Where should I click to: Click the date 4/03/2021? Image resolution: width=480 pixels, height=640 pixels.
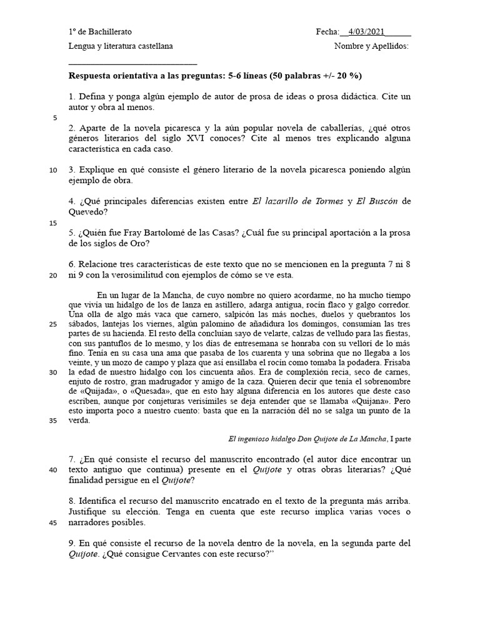[367, 32]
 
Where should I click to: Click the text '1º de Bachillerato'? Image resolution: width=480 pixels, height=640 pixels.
[100, 32]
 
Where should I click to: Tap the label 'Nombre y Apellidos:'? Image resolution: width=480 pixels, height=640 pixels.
[371, 46]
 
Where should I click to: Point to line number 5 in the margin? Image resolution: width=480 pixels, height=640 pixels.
[55, 117]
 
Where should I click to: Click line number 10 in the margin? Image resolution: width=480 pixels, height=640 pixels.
[53, 169]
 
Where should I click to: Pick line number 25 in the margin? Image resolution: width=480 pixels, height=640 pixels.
[53, 325]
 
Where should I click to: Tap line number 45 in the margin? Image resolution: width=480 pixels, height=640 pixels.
[53, 523]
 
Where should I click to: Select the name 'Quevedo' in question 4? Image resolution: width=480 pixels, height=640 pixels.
[90, 211]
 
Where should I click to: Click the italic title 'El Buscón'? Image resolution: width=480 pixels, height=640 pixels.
[377, 201]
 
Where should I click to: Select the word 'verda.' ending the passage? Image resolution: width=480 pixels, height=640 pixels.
[79, 421]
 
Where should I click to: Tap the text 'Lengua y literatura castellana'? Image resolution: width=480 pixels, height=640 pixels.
[121, 46]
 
